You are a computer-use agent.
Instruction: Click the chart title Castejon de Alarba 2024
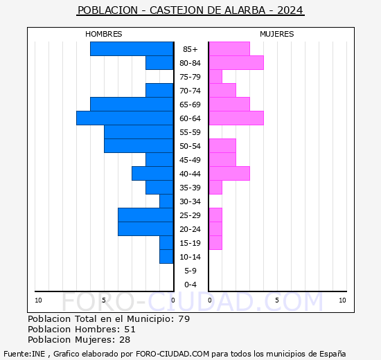point(190,10)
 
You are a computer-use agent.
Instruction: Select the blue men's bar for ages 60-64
point(125,118)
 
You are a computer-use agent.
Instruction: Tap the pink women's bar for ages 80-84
point(236,63)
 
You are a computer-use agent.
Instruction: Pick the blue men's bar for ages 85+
point(132,49)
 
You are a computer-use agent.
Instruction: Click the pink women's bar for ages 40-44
point(229,174)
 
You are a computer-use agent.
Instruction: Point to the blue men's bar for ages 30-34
point(166,201)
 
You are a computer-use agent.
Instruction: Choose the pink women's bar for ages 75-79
point(215,77)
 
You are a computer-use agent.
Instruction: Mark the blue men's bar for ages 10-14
point(166,257)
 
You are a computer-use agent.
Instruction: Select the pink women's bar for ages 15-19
point(215,243)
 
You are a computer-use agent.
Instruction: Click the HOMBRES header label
point(104,34)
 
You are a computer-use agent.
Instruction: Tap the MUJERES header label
point(277,34)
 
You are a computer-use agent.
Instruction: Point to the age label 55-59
point(190,132)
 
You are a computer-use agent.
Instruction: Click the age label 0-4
point(190,285)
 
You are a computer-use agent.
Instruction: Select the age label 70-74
point(190,91)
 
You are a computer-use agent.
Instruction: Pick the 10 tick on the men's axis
point(38,300)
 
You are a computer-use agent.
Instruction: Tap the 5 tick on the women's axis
point(276,300)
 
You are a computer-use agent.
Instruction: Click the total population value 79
point(184,319)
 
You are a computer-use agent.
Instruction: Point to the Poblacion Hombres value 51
point(130,330)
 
